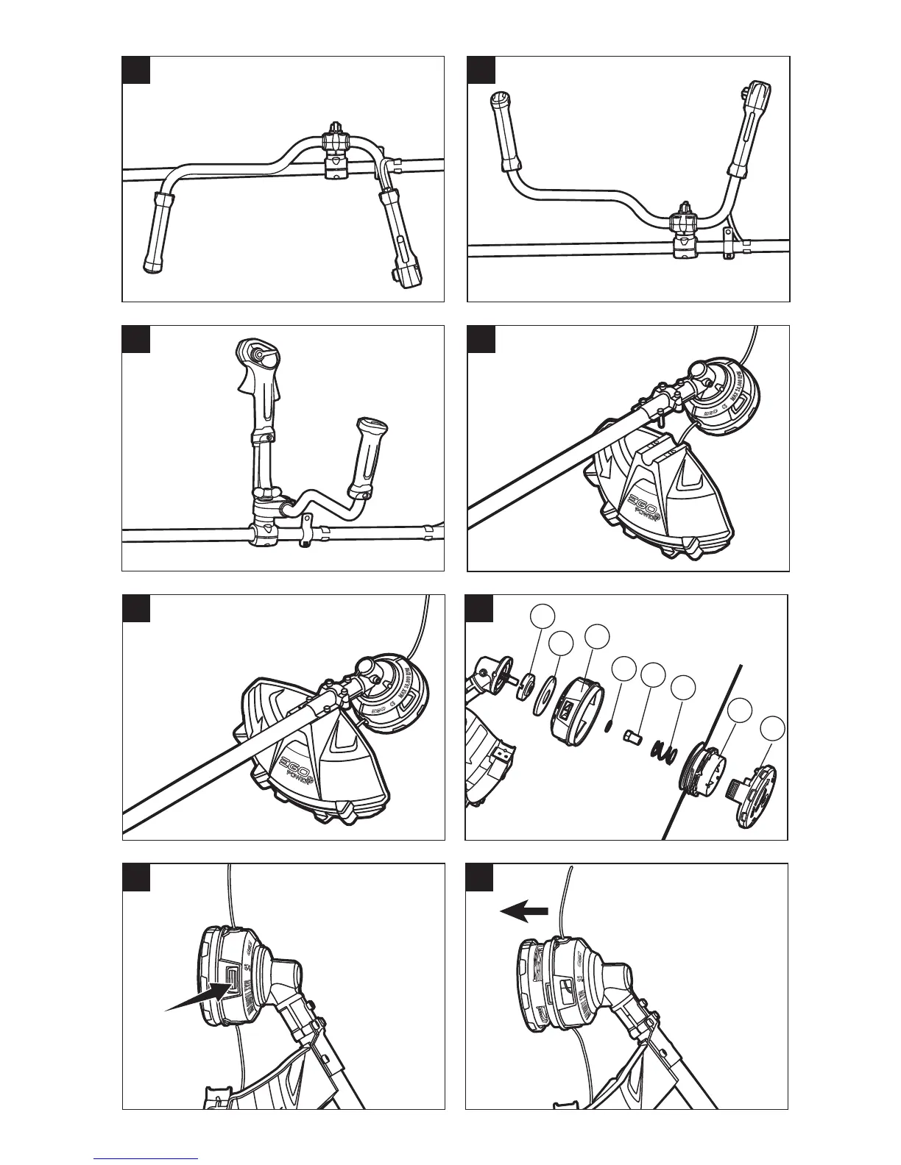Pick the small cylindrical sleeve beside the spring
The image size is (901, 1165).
pos(635,735)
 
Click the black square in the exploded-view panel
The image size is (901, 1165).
pos(479,608)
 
